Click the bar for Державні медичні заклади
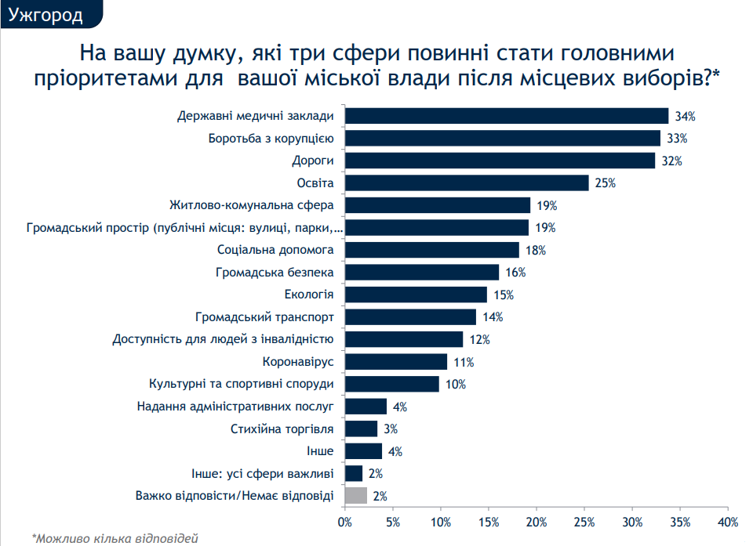(x=507, y=116)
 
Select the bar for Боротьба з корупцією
(x=503, y=139)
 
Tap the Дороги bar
(x=500, y=161)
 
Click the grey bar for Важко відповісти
(x=356, y=495)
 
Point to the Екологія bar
(x=416, y=295)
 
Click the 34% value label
(x=686, y=116)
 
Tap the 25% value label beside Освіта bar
(x=606, y=183)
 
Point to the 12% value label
(x=479, y=340)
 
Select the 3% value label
(x=390, y=429)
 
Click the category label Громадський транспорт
(x=265, y=317)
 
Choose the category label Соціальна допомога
(x=275, y=250)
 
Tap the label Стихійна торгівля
(x=282, y=429)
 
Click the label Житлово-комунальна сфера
(x=252, y=205)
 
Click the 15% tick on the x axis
(x=488, y=522)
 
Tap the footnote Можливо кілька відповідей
(x=115, y=537)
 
